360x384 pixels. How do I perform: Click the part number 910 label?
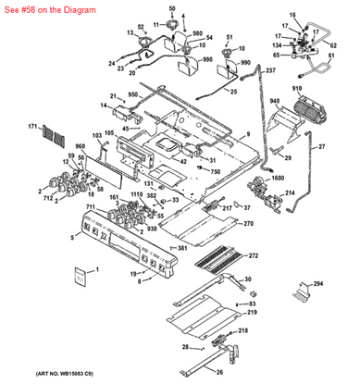click(297, 90)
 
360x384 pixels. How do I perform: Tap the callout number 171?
click(31, 126)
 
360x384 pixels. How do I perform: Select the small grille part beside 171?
click(57, 139)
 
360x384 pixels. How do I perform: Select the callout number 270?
click(248, 224)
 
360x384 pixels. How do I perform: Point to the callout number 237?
click(270, 71)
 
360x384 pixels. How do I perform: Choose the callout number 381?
click(183, 249)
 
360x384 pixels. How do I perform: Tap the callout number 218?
click(242, 330)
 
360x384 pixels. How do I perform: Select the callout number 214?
click(289, 192)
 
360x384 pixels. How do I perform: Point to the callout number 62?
click(332, 44)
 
